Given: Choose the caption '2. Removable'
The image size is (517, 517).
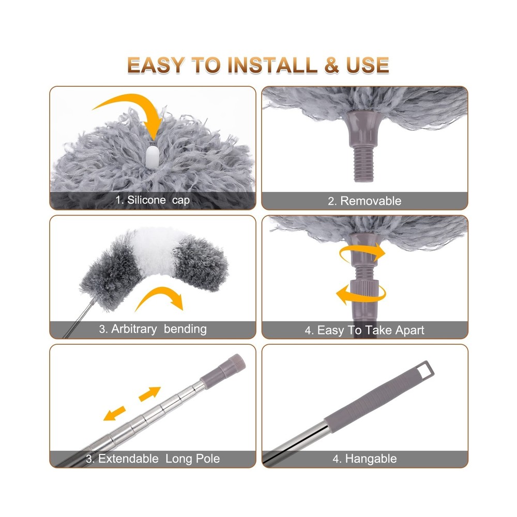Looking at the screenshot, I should [x=364, y=201].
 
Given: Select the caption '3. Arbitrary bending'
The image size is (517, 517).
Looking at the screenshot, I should [x=153, y=329].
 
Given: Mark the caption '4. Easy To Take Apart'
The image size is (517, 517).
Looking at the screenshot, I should [x=364, y=330].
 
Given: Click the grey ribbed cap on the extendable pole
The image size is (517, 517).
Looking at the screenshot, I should [x=230, y=364].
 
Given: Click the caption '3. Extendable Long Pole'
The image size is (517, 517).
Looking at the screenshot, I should [x=153, y=459].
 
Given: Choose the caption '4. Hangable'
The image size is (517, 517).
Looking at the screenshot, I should [x=364, y=459].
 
